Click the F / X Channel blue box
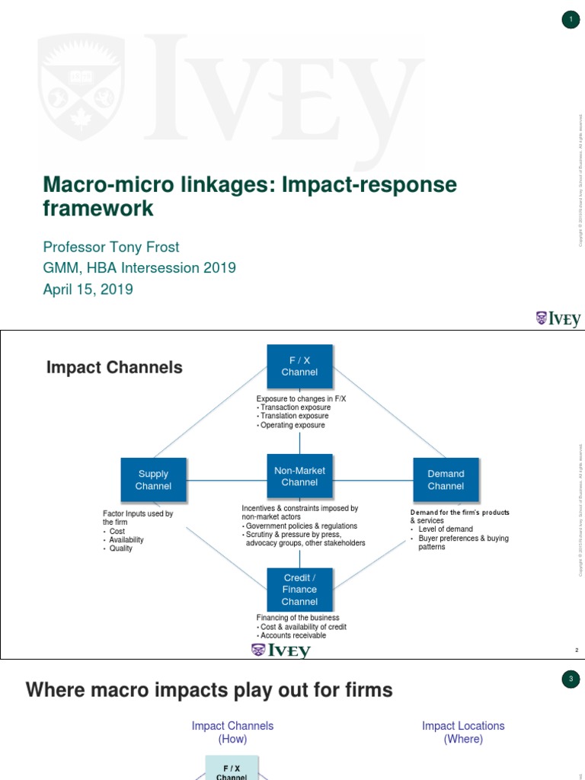[x=299, y=366]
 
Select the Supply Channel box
[x=153, y=480]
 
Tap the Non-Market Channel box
[x=299, y=477]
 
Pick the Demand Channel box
[x=446, y=480]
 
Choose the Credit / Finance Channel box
[x=299, y=590]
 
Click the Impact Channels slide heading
[x=114, y=368]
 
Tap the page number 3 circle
[x=571, y=679]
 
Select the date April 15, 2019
[x=88, y=289]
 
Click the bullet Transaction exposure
[x=294, y=408]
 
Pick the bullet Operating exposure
[x=292, y=425]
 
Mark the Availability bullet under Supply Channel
[x=126, y=539]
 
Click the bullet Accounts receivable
[x=292, y=635]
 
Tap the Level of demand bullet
[x=445, y=529]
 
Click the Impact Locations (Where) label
[x=463, y=732]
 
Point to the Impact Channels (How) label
[x=232, y=732]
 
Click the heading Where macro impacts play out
[x=209, y=691]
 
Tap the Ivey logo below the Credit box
[x=281, y=651]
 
